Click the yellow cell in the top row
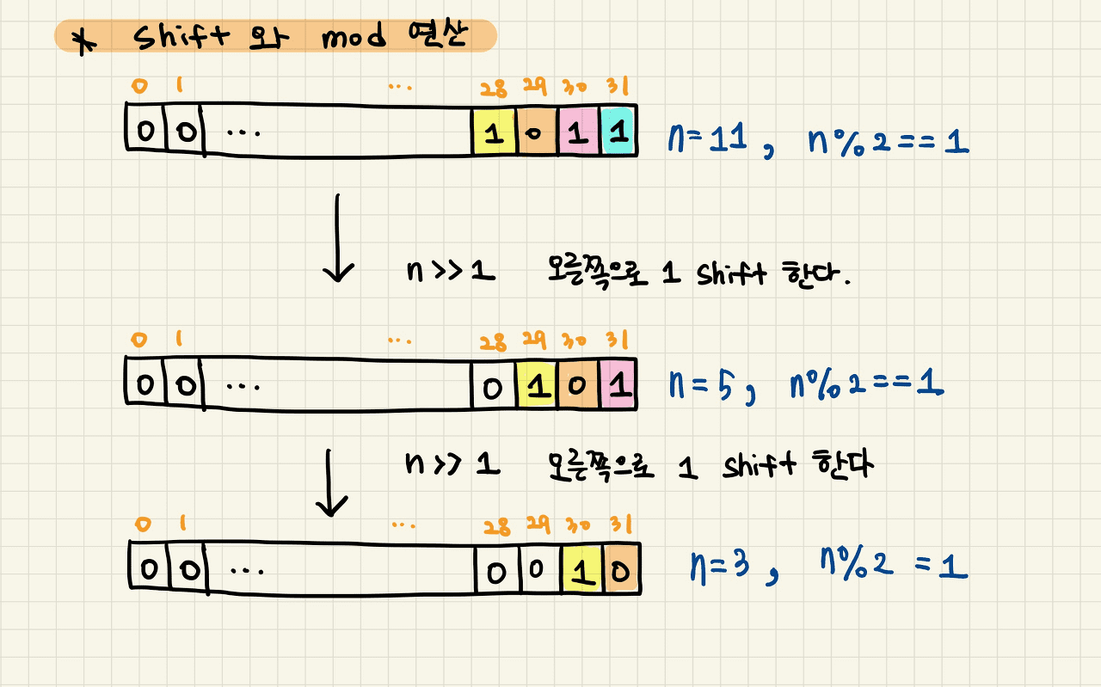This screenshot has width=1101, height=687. pos(495,132)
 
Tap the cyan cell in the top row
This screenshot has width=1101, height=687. pos(617,132)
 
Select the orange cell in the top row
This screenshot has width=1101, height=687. pos(537,132)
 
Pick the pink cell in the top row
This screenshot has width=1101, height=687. pos(578,132)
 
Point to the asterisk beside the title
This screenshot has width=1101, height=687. pos(83,41)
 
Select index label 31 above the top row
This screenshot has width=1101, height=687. pos(618,88)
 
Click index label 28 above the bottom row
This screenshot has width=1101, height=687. pos(495,525)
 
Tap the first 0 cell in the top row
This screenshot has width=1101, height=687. pos(146,132)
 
